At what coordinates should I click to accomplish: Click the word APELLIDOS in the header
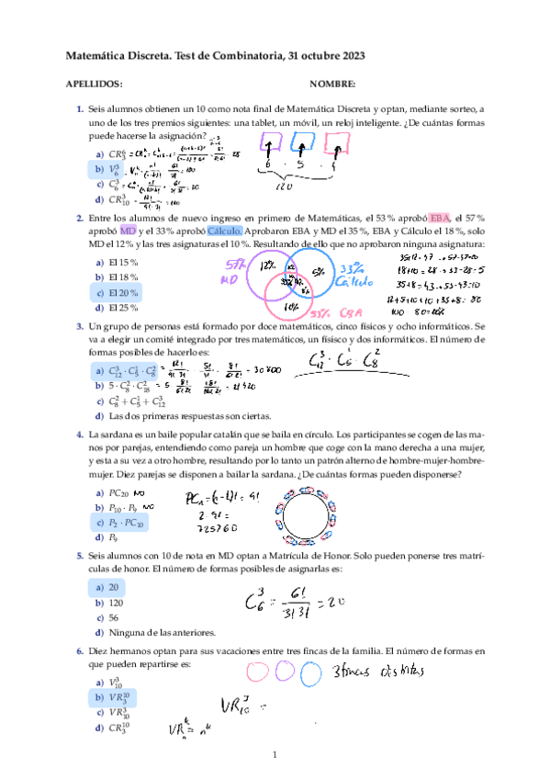click(95, 83)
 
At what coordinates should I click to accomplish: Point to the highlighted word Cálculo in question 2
click(225, 231)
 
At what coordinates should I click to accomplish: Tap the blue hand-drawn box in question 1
click(302, 144)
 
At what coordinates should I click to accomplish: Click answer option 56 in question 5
click(113, 617)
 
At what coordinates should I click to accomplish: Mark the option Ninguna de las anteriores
click(162, 632)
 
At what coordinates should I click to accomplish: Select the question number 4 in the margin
click(81, 432)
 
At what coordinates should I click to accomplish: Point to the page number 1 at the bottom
click(275, 755)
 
